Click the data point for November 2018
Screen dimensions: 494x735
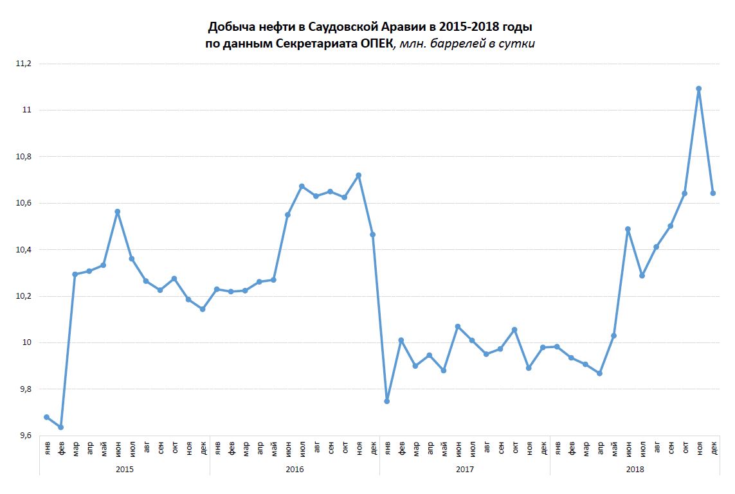[x=698, y=89]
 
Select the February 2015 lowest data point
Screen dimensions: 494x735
[x=60, y=427]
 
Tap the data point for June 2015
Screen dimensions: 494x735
[x=117, y=211]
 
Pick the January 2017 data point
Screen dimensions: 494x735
[x=386, y=401]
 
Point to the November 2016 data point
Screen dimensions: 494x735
[x=358, y=175]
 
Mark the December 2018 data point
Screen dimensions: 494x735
[x=712, y=193]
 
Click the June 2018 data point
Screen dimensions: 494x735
[x=628, y=229]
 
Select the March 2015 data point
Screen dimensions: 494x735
[x=75, y=274]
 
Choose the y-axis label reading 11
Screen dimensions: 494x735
[x=26, y=110]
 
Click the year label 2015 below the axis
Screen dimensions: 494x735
[x=125, y=470]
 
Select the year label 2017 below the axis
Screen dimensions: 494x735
[x=465, y=470]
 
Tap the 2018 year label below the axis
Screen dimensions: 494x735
[x=635, y=470]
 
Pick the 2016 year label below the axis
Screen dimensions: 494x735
[x=295, y=470]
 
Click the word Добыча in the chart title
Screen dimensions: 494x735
[x=228, y=28]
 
